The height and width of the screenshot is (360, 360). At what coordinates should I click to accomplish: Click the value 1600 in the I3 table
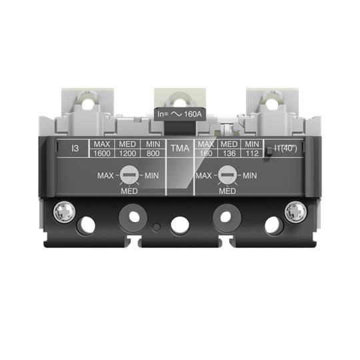[101, 153]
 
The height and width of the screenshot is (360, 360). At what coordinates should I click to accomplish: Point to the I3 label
[75, 148]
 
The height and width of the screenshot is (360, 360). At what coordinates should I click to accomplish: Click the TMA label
[179, 148]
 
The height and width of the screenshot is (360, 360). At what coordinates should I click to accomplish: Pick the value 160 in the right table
[207, 153]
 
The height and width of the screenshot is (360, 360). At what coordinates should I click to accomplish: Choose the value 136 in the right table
[229, 153]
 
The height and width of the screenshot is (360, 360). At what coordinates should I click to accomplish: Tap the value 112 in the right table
[251, 153]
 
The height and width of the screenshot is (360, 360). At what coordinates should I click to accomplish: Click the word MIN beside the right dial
[249, 176]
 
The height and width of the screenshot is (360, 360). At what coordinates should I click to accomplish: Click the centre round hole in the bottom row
[180, 225]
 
